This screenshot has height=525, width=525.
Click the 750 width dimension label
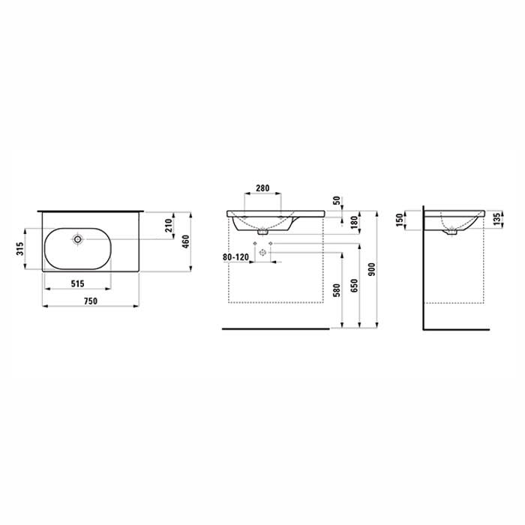point(90,300)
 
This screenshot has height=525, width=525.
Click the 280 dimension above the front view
point(262,188)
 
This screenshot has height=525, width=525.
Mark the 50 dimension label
point(337,202)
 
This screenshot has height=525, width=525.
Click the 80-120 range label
point(237,256)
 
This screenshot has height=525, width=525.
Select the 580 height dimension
point(337,289)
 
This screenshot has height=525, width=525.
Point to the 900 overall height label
point(373,268)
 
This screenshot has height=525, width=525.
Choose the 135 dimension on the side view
point(496,219)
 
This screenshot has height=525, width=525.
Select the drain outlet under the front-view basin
point(262,232)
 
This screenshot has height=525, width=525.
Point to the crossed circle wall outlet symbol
point(262,253)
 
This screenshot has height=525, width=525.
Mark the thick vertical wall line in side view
point(424,270)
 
